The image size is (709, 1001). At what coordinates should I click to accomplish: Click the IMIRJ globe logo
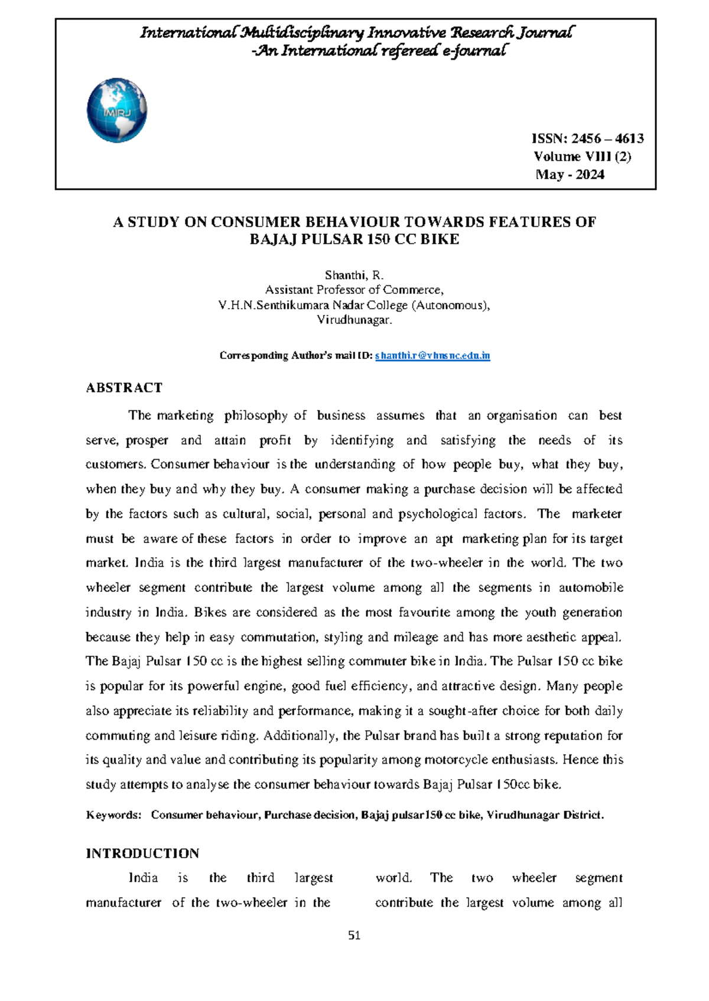coord(117,110)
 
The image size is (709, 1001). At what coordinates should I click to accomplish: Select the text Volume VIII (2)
coord(582,156)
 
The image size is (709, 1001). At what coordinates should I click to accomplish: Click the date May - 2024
coord(570,174)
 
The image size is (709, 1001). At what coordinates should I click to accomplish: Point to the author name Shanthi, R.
coord(354,275)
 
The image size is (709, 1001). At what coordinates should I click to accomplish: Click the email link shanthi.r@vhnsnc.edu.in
coord(432,355)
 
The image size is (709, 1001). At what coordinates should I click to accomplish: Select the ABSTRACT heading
coord(124,388)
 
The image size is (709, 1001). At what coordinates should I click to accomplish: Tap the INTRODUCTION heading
coord(142,853)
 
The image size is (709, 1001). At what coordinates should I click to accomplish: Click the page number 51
coord(354,935)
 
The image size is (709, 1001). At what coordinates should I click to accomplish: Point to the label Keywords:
coord(114,815)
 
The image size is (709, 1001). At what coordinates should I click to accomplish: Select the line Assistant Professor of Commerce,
coord(354,290)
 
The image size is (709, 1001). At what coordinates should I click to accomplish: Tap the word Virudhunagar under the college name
coord(354,320)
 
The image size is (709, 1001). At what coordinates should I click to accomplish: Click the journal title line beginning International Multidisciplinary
coord(356,32)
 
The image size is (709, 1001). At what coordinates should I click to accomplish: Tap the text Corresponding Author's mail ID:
coord(296,355)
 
